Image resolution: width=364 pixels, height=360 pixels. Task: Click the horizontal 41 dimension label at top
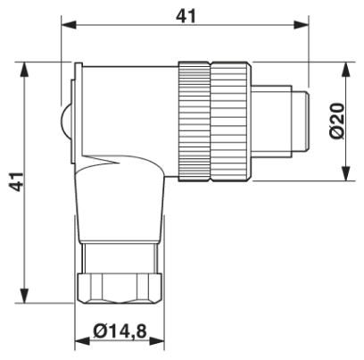tap(186, 16)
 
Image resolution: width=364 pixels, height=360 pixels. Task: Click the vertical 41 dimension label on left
tap(16, 181)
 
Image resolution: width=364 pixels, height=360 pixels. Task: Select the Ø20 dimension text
tap(337, 121)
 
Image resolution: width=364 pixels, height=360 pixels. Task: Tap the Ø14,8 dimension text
tap(120, 331)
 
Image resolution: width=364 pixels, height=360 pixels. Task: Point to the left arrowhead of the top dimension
tap(69, 25)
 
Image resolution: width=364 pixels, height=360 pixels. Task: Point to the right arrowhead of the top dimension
tap(301, 25)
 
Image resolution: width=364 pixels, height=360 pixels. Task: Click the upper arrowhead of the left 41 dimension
tap(24, 70)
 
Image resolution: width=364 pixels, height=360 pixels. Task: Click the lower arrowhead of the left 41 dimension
tap(24, 295)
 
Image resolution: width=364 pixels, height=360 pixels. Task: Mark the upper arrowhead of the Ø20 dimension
tap(345, 70)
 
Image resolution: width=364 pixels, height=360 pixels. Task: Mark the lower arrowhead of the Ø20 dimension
tap(345, 173)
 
